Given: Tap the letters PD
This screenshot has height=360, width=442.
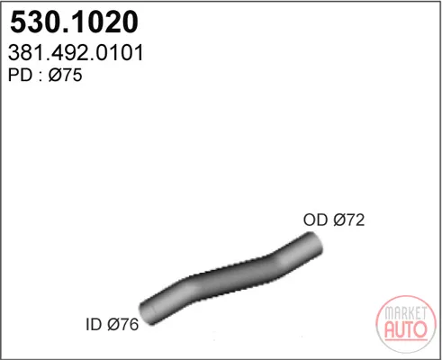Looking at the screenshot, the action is click(x=21, y=75).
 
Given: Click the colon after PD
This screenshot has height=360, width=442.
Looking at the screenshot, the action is click(x=41, y=76).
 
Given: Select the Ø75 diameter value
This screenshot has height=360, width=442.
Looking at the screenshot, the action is click(x=65, y=75).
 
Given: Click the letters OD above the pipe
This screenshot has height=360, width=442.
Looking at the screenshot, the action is click(x=315, y=220).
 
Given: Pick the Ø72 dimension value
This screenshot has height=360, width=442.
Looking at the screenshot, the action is click(x=349, y=220).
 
